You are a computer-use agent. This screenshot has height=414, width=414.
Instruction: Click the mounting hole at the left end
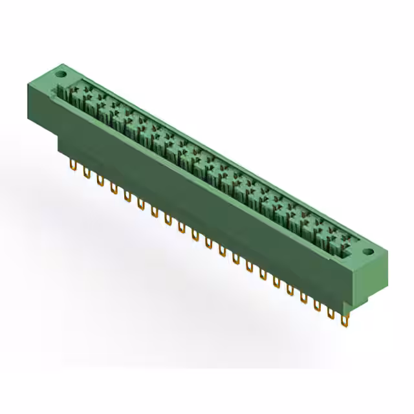(62, 74)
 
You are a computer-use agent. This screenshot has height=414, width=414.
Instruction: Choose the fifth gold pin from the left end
(127, 196)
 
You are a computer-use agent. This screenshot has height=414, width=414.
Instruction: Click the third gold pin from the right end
(318, 305)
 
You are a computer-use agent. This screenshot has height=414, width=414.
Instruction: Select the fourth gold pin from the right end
(304, 297)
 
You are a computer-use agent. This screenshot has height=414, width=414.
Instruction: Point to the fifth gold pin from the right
(290, 289)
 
